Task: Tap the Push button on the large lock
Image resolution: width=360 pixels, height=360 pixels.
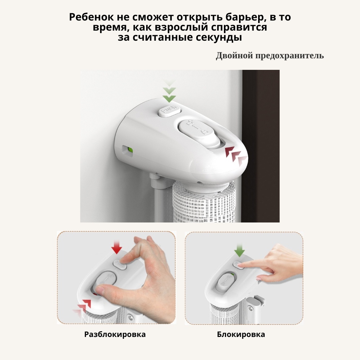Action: (x=170, y=111)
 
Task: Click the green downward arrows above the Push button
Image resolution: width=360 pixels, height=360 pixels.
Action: (x=170, y=91)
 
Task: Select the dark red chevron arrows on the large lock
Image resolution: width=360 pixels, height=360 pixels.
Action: (x=236, y=155)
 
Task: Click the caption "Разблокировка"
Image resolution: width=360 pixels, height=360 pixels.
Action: (x=115, y=334)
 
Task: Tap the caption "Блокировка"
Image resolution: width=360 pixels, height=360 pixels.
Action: (x=241, y=334)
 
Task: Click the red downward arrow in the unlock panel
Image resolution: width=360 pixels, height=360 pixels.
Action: (x=117, y=247)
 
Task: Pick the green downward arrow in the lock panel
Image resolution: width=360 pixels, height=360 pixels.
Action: (x=239, y=250)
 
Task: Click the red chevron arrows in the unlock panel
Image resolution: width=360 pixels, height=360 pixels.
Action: (x=83, y=307)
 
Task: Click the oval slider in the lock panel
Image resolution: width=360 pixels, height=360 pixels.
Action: (x=225, y=282)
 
